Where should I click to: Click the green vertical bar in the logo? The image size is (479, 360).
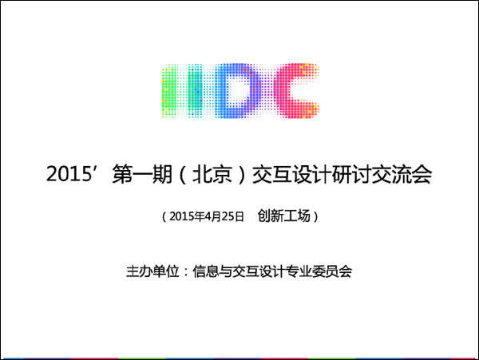coord(169,90)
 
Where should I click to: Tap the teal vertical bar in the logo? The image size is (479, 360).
coord(195,90)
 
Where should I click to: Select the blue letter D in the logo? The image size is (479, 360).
coord(238,90)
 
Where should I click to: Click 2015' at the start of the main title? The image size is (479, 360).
coord(70,173)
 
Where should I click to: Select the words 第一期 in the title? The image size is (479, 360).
coord(142,174)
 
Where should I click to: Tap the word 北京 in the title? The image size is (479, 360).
coord(212,174)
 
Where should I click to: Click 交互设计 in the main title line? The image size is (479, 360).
coord(292,174)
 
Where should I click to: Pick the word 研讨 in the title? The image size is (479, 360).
coord(351,174)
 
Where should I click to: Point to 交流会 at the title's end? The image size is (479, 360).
coord(402,174)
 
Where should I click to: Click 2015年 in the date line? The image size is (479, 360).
coord(187,216)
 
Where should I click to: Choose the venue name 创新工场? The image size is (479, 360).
coord(284,216)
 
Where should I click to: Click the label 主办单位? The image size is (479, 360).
coord(152,271)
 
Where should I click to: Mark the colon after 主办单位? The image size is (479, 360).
coord(186,272)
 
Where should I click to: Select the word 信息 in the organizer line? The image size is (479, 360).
coord(206,271)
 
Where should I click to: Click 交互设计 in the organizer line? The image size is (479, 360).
coord(259,271)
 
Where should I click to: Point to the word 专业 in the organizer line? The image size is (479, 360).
coord(299,271)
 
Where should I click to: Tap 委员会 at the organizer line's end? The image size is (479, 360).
coord(332,271)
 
